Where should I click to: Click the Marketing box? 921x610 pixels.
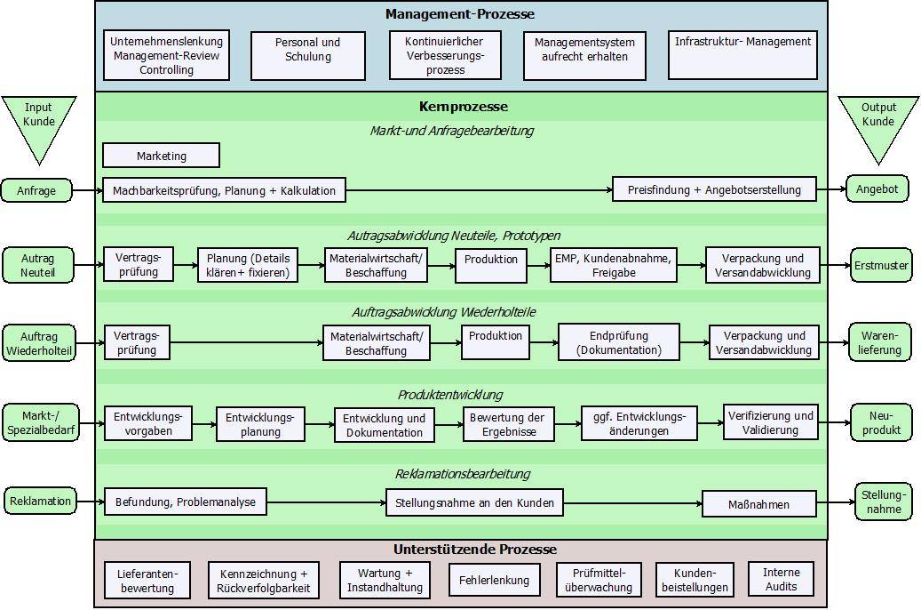click(161, 156)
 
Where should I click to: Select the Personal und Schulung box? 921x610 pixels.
click(308, 50)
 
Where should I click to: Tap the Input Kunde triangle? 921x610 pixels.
click(38, 125)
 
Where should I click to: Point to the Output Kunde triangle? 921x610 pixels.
click(878, 125)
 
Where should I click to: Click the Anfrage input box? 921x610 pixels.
click(36, 189)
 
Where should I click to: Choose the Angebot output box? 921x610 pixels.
click(877, 189)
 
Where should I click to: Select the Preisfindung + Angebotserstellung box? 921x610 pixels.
click(714, 189)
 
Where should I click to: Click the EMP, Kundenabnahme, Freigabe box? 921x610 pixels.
click(614, 266)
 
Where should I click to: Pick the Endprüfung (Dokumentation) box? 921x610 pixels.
click(618, 342)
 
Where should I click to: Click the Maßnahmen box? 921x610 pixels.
click(758, 504)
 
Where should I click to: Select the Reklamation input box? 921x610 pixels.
click(40, 501)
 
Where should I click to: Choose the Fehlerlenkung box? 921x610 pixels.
click(494, 581)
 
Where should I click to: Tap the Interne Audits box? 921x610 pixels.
click(781, 579)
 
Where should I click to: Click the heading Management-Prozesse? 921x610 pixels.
click(460, 14)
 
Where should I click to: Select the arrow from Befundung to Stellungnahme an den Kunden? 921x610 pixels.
click(326, 503)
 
